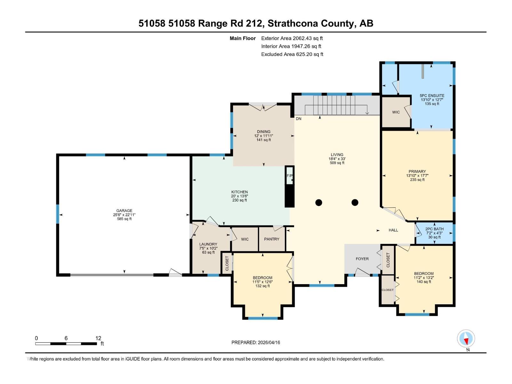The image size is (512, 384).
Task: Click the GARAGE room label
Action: coord(124,211)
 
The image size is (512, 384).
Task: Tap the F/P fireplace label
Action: coord(289,176)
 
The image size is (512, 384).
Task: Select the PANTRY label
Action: coord(272,239)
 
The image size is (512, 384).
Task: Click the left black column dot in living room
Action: coord(319,202)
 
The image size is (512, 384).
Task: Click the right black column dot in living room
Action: coord(355,202)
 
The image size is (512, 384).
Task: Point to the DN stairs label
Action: coord(299,119)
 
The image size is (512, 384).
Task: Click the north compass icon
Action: coord(466,339)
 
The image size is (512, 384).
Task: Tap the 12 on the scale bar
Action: coord(98,338)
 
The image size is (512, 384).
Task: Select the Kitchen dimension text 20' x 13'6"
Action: coord(239,196)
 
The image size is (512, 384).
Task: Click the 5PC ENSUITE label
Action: coord(432,95)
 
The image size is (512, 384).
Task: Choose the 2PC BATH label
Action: coord(434,229)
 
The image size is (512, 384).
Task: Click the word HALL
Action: coord(393,230)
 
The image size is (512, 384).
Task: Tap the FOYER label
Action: coord(362,259)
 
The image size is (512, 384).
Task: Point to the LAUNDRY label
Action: coord(208,244)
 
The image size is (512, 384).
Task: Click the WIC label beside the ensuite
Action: coord(396,112)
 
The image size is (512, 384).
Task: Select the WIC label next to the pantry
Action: coord(245,239)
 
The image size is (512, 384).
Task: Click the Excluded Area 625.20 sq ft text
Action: coord(292,54)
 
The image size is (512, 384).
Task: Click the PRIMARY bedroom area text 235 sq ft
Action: coord(417,180)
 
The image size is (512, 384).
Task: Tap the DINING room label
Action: coord(263,132)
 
